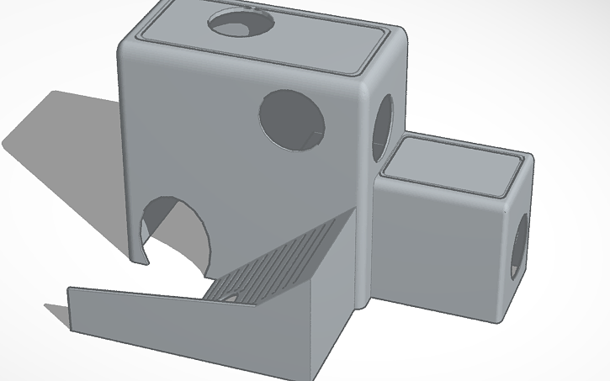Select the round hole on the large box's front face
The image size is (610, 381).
point(292,120)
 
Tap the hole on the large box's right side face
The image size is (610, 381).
point(383,126)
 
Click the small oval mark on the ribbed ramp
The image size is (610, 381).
point(227,295)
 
